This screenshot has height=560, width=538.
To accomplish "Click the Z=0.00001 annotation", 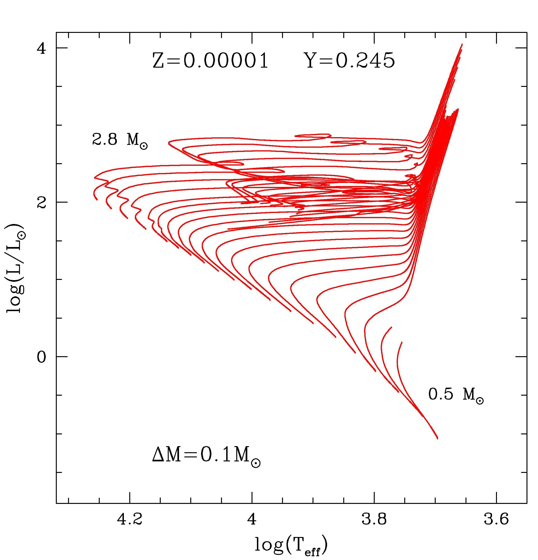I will point(210,61).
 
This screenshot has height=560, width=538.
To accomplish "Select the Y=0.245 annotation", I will point(351,61).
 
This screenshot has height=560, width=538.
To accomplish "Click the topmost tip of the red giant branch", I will point(462,44).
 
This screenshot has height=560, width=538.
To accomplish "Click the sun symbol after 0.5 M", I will point(480,401).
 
